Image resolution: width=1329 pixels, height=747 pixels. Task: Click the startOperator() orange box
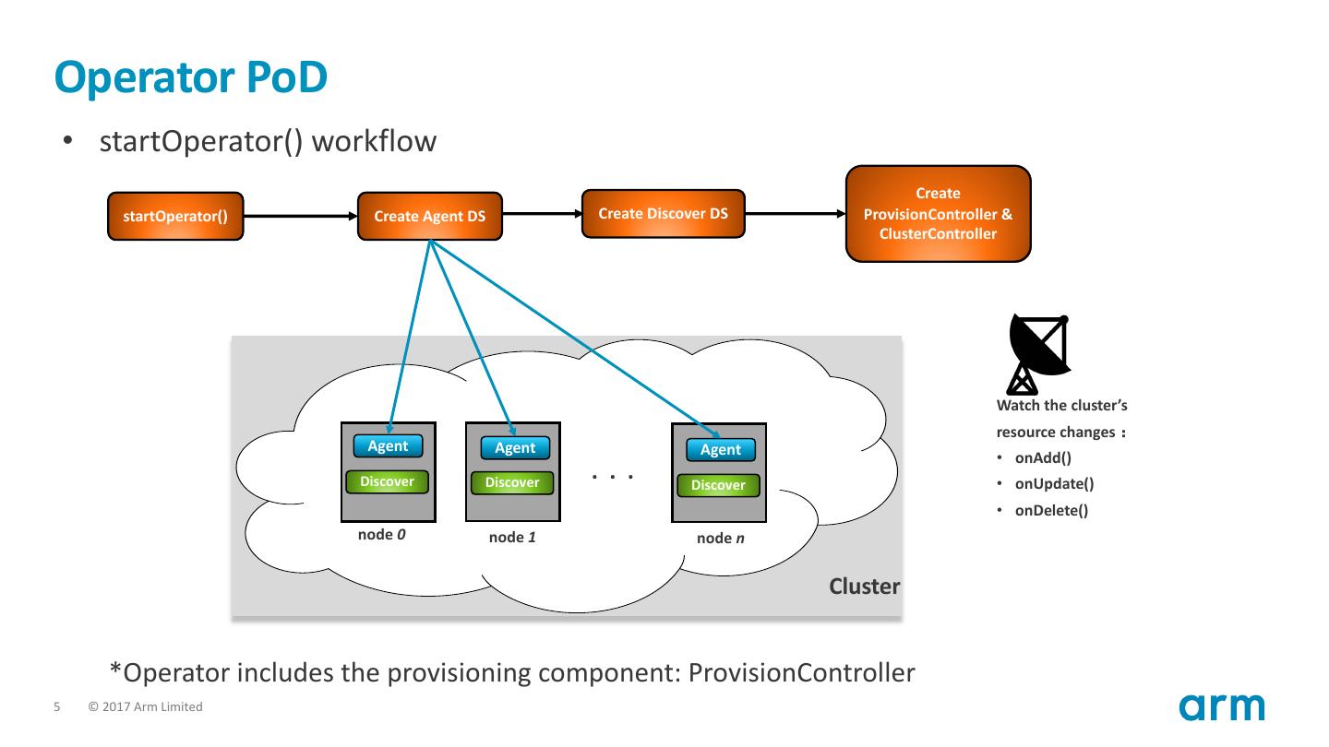(175, 217)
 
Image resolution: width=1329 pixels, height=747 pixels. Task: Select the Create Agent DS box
(430, 217)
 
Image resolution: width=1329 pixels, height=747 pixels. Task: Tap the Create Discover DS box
(663, 214)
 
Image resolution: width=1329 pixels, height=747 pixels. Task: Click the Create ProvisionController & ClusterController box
(938, 214)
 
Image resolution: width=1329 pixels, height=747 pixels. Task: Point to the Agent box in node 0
(388, 446)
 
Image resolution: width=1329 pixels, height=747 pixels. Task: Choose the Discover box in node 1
(512, 482)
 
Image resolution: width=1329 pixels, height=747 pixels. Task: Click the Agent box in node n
(721, 450)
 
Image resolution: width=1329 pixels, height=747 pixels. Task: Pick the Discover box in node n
(718, 485)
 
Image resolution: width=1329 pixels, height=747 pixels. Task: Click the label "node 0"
(382, 534)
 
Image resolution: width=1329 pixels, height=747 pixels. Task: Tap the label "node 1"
(512, 538)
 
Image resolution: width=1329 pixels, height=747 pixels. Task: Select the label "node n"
(721, 539)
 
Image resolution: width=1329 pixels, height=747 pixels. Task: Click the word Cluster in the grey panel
(864, 587)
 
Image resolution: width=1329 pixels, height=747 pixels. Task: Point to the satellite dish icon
(1038, 354)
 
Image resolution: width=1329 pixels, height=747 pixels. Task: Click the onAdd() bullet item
(1043, 457)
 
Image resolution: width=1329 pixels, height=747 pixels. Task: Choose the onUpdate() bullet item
(1054, 484)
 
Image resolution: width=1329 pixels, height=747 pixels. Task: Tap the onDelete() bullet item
(1051, 511)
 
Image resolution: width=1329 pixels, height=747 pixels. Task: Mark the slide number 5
(57, 707)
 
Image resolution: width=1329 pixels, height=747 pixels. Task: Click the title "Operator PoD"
(191, 77)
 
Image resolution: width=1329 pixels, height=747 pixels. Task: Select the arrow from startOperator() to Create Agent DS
(300, 217)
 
